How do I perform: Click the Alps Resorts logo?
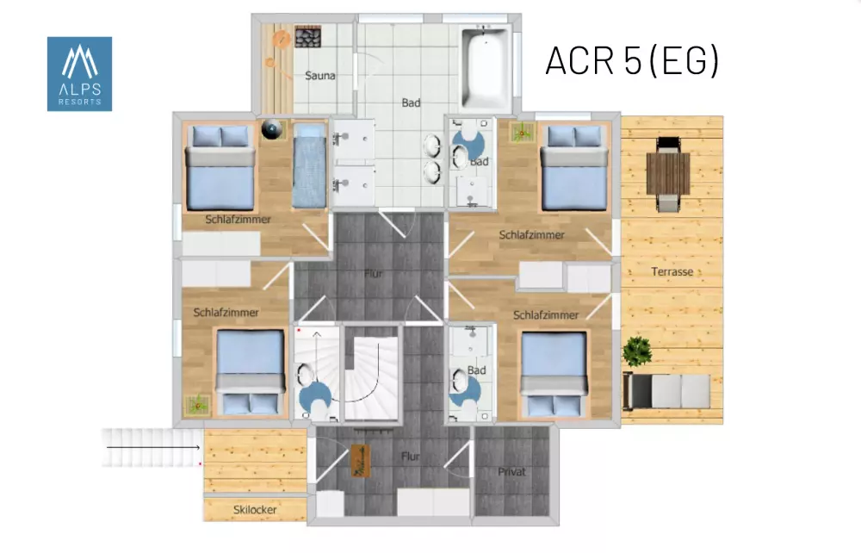(x=79, y=74)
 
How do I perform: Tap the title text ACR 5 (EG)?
(x=632, y=60)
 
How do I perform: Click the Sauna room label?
(x=320, y=76)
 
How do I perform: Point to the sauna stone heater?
(x=307, y=37)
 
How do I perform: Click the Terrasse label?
(x=672, y=271)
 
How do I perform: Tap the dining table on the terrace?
(x=668, y=173)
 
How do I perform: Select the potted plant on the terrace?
(x=637, y=351)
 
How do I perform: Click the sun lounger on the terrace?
(x=666, y=391)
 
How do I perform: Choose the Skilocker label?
(x=255, y=510)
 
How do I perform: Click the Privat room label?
(x=511, y=472)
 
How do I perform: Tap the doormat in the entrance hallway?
(x=361, y=461)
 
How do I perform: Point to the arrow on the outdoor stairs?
(x=153, y=448)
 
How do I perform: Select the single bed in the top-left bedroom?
(x=310, y=165)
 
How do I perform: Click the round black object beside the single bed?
(x=272, y=129)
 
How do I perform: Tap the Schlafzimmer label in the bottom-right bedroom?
(x=546, y=315)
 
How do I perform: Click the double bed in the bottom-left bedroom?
(x=251, y=372)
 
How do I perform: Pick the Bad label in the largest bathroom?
(x=411, y=103)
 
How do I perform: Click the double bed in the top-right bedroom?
(x=574, y=167)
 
